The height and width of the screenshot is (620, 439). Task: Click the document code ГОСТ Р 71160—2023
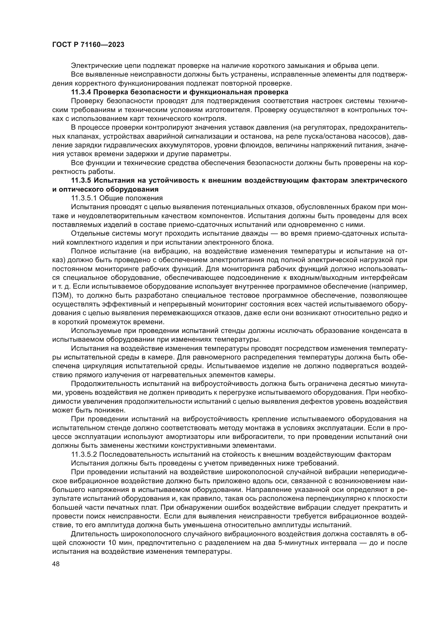point(88,45)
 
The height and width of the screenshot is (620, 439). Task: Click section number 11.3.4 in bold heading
point(81,92)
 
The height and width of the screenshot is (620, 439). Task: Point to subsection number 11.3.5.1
point(84,198)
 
